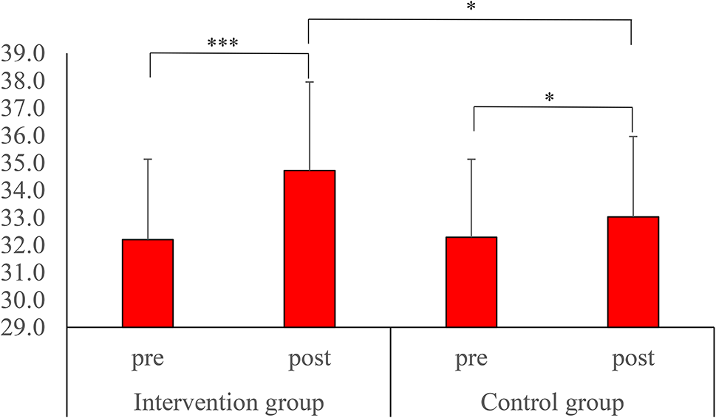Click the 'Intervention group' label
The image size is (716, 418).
point(229,403)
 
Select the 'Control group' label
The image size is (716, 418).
point(552,403)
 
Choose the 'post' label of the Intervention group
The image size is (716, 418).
point(310,360)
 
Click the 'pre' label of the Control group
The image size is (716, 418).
point(471,360)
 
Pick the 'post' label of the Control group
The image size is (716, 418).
point(633,360)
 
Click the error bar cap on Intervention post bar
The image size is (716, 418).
point(310,82)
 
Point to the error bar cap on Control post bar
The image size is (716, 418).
point(633,137)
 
